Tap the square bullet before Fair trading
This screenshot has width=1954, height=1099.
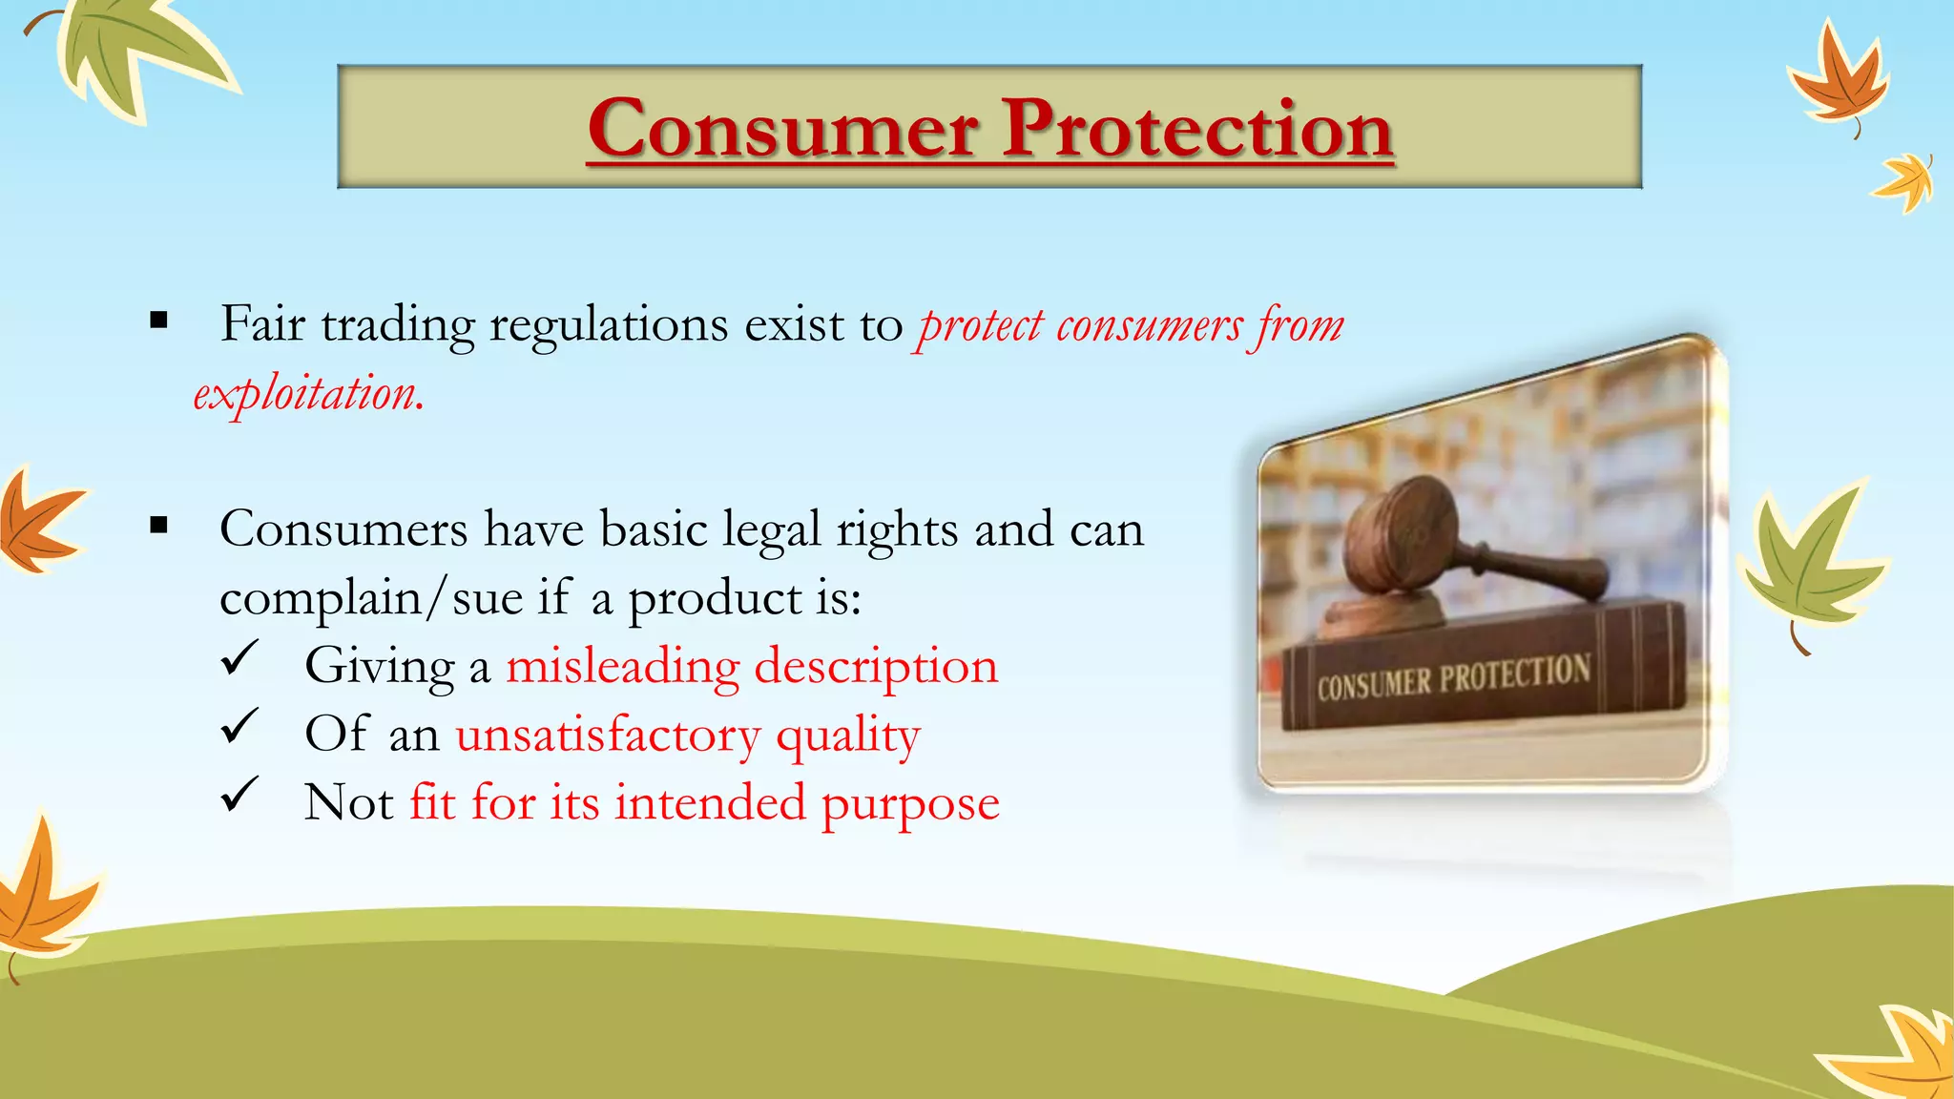pyautogui.click(x=158, y=321)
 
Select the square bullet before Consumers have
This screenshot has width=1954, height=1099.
pyautogui.click(x=158, y=525)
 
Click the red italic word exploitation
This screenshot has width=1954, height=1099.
pyautogui.click(x=307, y=393)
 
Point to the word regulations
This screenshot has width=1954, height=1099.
pyautogui.click(x=609, y=326)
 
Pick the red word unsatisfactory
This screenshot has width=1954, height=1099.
pyautogui.click(x=608, y=735)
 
